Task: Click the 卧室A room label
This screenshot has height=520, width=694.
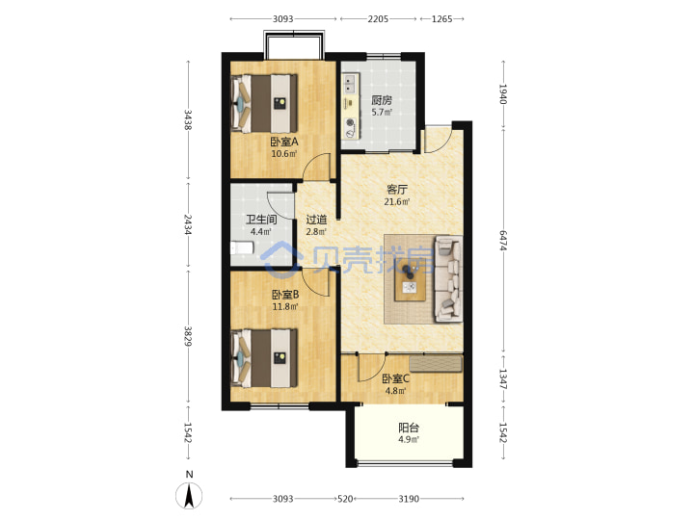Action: pyautogui.click(x=284, y=142)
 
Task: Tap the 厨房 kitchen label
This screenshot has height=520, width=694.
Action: pyautogui.click(x=382, y=100)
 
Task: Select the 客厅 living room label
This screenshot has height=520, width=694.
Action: pyautogui.click(x=396, y=190)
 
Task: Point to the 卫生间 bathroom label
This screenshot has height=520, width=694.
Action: pyautogui.click(x=261, y=220)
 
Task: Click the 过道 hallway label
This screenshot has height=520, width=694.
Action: pyautogui.click(x=316, y=220)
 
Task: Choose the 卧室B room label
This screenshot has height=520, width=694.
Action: pyautogui.click(x=285, y=295)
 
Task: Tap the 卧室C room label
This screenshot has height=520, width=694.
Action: pyautogui.click(x=396, y=379)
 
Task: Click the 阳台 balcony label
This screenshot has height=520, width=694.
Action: pyautogui.click(x=409, y=428)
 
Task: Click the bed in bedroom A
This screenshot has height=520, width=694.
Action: pyautogui.click(x=264, y=103)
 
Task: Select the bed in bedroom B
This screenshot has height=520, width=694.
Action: pyautogui.click(x=264, y=357)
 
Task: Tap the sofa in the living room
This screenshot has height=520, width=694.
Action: pyautogui.click(x=449, y=278)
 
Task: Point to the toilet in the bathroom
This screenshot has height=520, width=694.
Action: pyautogui.click(x=242, y=247)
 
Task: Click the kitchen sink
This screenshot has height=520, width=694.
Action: pyautogui.click(x=350, y=84)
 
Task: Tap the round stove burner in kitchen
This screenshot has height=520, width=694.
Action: pyautogui.click(x=350, y=122)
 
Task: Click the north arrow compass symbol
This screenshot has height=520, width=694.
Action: pyautogui.click(x=189, y=495)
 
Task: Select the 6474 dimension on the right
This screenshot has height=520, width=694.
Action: pyautogui.click(x=503, y=240)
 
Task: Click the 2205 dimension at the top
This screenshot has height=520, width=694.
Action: pyautogui.click(x=378, y=19)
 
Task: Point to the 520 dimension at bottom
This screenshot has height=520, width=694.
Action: pyautogui.click(x=345, y=499)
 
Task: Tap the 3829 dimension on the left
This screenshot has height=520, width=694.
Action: pyautogui.click(x=188, y=336)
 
